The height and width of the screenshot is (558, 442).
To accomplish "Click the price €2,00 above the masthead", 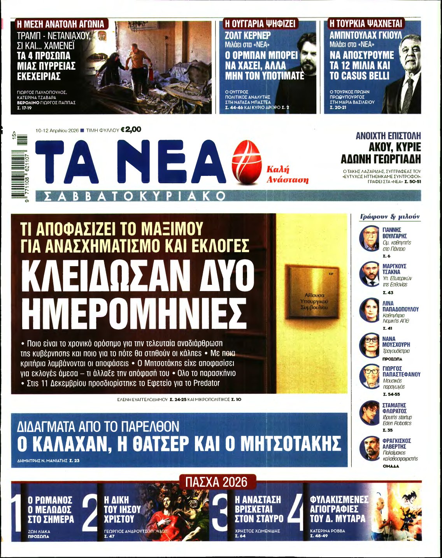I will click(131, 130).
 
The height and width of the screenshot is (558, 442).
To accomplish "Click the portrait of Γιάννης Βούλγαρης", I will click(369, 239).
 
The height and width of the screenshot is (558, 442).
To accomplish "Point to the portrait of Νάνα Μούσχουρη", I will click(369, 345).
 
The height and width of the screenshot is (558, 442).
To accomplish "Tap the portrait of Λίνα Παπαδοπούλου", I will click(369, 310).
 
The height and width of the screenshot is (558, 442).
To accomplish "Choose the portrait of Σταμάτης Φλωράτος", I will click(369, 414).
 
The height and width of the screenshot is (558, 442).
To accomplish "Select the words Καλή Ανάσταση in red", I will click(287, 174).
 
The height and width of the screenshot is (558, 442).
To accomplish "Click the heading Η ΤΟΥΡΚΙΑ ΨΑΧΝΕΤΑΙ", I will click(366, 24).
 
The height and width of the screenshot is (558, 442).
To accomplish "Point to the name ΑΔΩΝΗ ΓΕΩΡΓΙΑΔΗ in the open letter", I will click(381, 159).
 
